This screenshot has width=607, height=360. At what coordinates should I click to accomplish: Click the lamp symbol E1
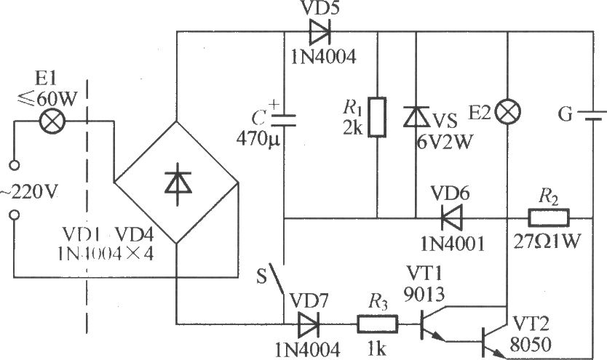pyautogui.click(x=52, y=121)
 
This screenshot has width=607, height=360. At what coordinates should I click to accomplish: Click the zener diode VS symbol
pyautogui.click(x=416, y=116)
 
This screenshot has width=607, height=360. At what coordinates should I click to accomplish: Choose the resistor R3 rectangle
pyautogui.click(x=378, y=321)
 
